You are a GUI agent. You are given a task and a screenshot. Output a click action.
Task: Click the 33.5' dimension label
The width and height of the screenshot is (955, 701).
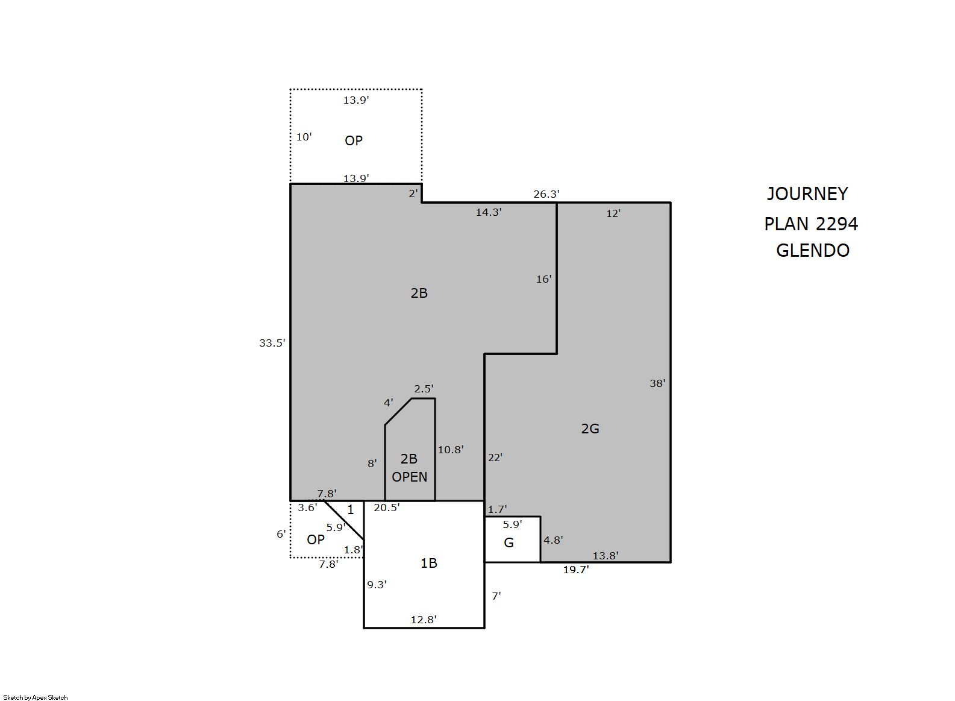tap(272, 343)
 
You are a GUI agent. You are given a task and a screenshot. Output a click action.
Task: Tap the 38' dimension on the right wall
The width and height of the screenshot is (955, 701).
tap(657, 383)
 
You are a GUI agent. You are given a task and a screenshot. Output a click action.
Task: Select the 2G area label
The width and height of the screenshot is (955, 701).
tap(590, 429)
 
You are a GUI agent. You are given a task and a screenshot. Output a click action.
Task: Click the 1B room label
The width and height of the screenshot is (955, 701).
tap(429, 564)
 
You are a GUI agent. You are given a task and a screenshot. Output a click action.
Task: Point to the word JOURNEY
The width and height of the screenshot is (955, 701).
tap(807, 194)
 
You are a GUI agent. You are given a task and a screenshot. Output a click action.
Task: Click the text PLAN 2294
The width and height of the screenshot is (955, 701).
tap(811, 224)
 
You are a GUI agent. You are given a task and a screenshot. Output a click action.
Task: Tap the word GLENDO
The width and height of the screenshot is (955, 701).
tap(813, 250)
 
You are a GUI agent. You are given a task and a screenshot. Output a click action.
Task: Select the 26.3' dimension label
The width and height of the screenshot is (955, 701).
tap(546, 195)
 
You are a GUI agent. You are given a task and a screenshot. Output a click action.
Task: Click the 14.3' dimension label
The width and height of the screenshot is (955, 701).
tap(489, 212)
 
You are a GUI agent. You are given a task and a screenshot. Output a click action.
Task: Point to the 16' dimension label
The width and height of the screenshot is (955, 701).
tap(543, 279)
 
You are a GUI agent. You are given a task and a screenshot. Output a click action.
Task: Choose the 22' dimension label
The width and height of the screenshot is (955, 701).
tap(495, 457)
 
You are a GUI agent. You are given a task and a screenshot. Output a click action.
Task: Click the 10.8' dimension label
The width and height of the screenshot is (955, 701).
tap(451, 450)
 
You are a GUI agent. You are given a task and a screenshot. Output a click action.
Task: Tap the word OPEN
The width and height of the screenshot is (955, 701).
tap(409, 477)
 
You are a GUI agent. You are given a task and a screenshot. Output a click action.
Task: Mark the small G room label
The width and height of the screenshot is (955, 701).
tap(509, 543)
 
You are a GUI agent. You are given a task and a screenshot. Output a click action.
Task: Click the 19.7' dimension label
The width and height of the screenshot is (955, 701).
tap(576, 570)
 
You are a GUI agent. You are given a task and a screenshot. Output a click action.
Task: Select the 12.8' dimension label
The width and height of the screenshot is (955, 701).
tap(424, 620)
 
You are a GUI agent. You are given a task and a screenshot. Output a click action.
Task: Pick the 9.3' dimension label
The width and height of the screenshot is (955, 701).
tap(377, 585)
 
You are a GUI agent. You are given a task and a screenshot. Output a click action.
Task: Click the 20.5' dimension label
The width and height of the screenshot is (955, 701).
tap(387, 508)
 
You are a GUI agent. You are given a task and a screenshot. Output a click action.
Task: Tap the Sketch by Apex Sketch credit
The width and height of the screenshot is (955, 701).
tap(36, 697)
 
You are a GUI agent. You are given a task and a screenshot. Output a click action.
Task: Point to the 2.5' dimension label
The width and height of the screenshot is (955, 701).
tap(424, 389)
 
